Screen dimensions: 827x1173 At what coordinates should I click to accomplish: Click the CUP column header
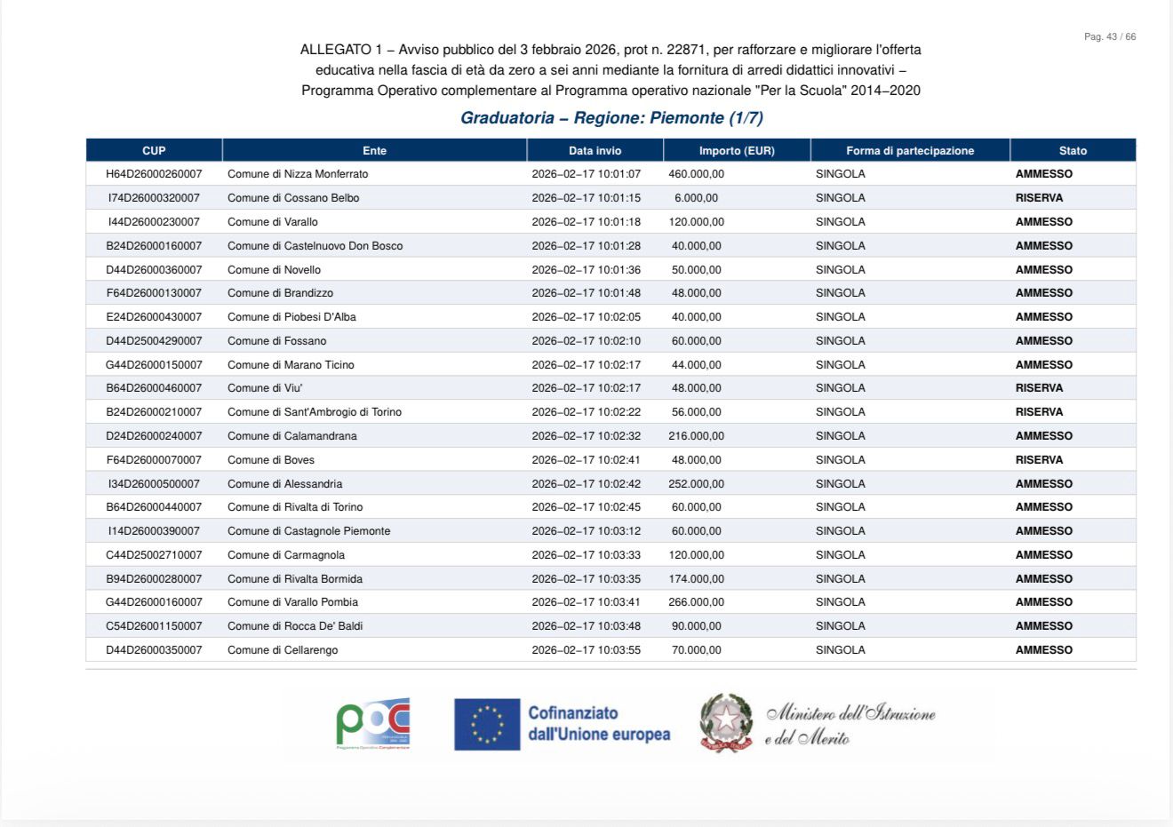pos(154,151)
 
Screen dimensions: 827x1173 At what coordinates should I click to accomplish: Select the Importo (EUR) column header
pos(737,151)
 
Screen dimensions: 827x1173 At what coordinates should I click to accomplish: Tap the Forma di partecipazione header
pos(910,151)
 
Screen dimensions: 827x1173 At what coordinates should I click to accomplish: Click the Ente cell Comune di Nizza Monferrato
pos(298,174)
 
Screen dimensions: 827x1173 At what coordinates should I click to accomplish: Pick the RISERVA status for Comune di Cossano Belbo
pos(1039,198)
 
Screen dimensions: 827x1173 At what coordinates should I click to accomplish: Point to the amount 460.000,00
pos(696,174)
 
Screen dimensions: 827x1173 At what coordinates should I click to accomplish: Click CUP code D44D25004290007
pos(154,341)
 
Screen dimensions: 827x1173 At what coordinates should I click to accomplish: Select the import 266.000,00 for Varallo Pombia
pos(696,602)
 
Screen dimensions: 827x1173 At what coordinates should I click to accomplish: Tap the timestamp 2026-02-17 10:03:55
pos(586,650)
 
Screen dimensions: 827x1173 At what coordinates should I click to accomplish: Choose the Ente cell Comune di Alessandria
pos(284,484)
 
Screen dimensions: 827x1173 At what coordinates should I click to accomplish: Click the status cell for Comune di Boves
pos(1039,460)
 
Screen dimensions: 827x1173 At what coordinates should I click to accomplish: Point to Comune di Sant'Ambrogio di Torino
pos(315,412)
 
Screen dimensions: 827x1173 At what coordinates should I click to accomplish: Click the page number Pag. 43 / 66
pos(1109,37)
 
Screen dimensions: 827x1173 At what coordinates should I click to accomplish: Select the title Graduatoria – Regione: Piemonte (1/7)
pos(611,118)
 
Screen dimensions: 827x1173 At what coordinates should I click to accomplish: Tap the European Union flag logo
pos(487,724)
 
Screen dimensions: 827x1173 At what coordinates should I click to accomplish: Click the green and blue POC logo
pos(373,723)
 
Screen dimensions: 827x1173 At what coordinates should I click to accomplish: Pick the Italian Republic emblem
pos(726,723)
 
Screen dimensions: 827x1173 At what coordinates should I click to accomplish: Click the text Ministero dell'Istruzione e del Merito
pos(850,725)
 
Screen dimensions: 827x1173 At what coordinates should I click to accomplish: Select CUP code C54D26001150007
pos(154,626)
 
